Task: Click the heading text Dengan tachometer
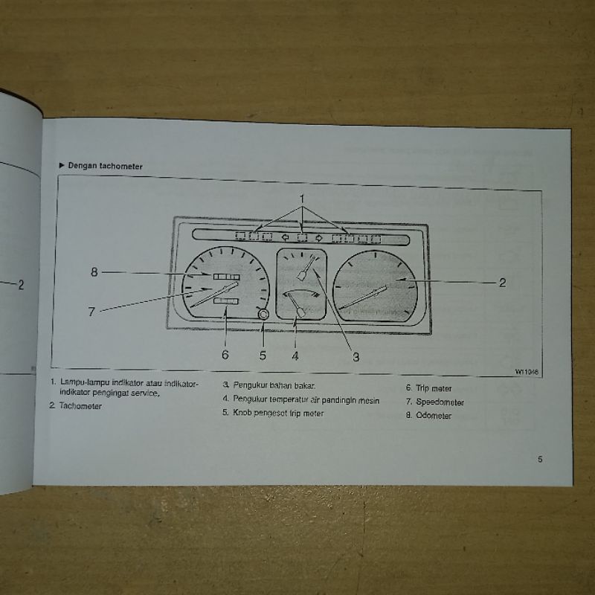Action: click(x=105, y=166)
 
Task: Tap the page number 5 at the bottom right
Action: click(x=540, y=459)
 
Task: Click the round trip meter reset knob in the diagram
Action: click(x=263, y=315)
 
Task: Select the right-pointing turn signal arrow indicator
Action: click(x=319, y=239)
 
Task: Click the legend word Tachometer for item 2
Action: click(x=81, y=406)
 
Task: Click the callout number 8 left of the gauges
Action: click(x=94, y=272)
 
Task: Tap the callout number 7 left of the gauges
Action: click(x=91, y=312)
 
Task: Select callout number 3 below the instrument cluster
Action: click(x=356, y=357)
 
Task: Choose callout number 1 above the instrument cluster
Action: click(x=303, y=198)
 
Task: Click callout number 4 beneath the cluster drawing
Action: click(x=295, y=355)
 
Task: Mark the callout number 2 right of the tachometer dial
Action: click(x=502, y=283)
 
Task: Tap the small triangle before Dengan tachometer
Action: click(x=61, y=166)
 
